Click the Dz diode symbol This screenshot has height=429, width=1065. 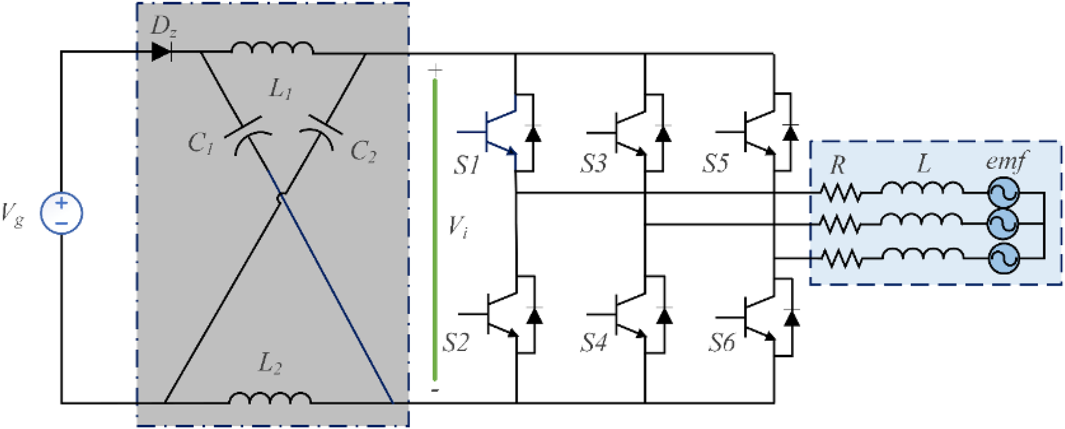[x=162, y=52]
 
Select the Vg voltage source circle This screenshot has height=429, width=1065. [x=61, y=213]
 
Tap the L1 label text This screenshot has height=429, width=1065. [x=280, y=89]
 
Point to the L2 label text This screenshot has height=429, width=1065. [x=270, y=364]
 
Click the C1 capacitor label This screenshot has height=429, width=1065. [x=201, y=144]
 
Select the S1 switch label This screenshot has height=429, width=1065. [x=466, y=164]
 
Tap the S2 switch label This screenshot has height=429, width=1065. [x=456, y=343]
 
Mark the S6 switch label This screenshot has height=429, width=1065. [x=721, y=343]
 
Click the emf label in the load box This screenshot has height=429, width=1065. [x=1006, y=161]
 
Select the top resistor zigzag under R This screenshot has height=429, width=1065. [x=841, y=193]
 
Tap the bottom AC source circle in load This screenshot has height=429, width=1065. [x=1003, y=258]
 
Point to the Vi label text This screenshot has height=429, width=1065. [x=458, y=227]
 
